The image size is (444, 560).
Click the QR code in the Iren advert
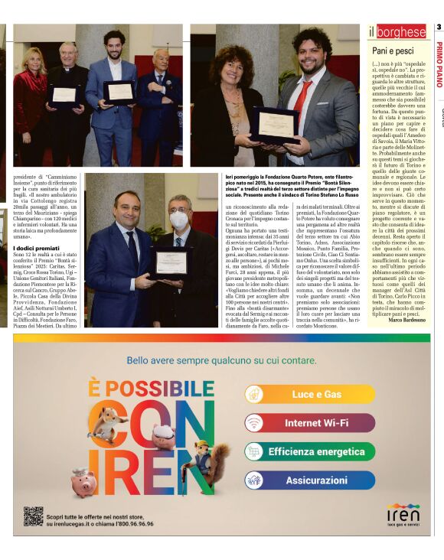tap(32, 516)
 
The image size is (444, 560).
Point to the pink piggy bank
tap(83, 482)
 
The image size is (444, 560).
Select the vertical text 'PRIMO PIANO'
tap(439, 65)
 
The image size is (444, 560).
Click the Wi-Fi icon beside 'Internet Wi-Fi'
tap(254, 422)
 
